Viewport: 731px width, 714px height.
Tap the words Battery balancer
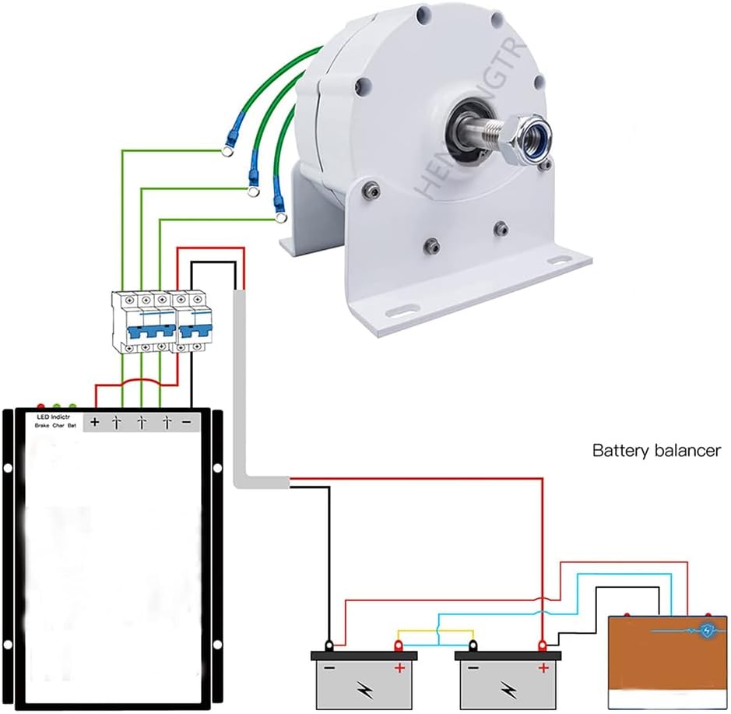[656, 450]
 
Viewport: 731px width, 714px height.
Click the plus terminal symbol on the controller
[95, 423]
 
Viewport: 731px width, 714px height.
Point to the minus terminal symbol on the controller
[188, 423]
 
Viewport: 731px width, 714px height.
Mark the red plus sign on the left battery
[400, 668]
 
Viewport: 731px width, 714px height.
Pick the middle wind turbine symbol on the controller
[141, 423]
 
